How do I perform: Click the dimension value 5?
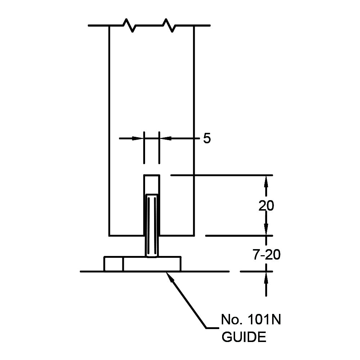coord(207,138)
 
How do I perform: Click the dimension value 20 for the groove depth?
coord(266,206)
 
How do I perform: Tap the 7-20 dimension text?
coord(266,255)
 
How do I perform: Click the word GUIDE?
coord(244,337)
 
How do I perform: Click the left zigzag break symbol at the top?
coord(129,25)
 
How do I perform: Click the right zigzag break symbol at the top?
coord(168,25)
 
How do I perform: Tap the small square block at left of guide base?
coord(113,264)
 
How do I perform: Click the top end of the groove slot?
coord(152,175)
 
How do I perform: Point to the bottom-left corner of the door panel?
coord(109,236)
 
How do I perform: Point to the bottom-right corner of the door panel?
coord(194,236)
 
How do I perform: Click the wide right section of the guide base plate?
coord(152,264)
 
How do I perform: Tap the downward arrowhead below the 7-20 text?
coord(266,266)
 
